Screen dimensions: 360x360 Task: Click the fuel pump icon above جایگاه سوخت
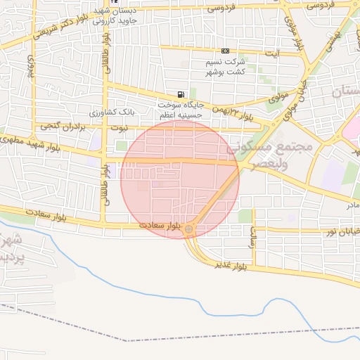pos(181,95)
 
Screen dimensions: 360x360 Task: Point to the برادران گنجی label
pos(57,126)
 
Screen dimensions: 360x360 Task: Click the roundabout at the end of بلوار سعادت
pos(188,229)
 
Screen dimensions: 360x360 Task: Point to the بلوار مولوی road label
pos(290,31)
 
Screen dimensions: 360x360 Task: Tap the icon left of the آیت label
pos(225,51)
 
